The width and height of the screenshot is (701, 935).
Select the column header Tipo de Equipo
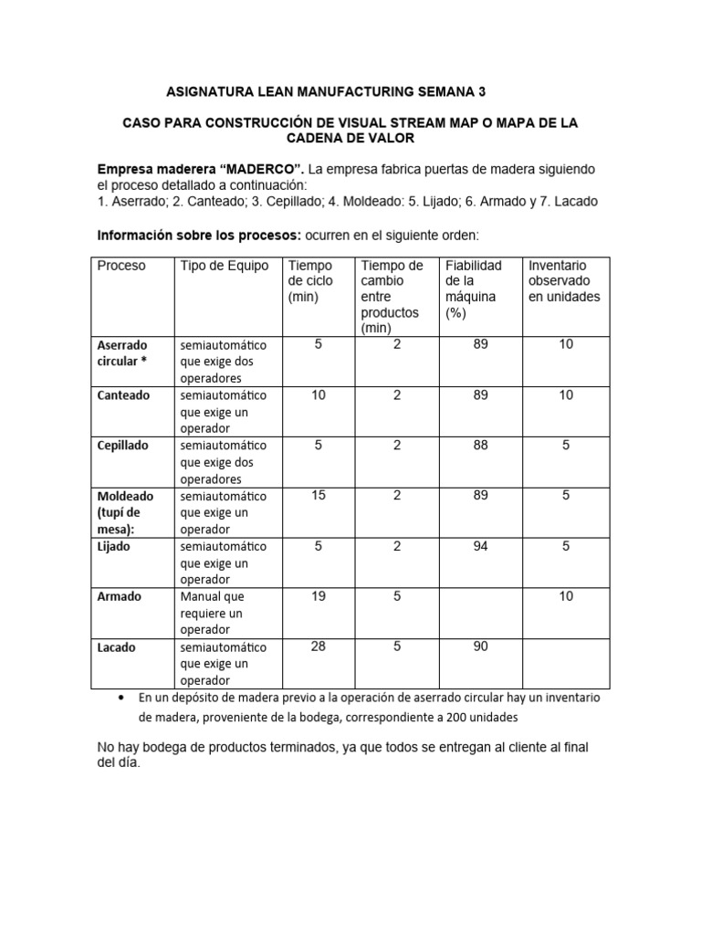pyautogui.click(x=225, y=266)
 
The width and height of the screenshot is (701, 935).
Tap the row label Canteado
pyautogui.click(x=123, y=395)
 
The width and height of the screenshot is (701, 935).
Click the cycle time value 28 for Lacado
pyautogui.click(x=319, y=646)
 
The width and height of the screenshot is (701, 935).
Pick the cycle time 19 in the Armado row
pyautogui.click(x=319, y=596)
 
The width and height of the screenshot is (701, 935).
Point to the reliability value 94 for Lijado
pyautogui.click(x=480, y=546)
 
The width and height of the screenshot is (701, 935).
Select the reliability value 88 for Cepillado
pyautogui.click(x=480, y=446)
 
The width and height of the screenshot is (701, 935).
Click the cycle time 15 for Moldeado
pyautogui.click(x=319, y=496)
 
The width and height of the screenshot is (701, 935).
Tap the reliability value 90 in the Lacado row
pyautogui.click(x=480, y=646)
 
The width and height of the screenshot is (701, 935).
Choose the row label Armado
pyautogui.click(x=120, y=596)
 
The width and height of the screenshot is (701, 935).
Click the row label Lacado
pyautogui.click(x=118, y=647)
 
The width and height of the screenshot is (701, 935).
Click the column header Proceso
pyautogui.click(x=121, y=266)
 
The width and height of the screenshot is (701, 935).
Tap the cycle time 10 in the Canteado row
pyautogui.click(x=319, y=395)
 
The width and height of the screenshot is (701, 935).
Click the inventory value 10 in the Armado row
pyautogui.click(x=566, y=596)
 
